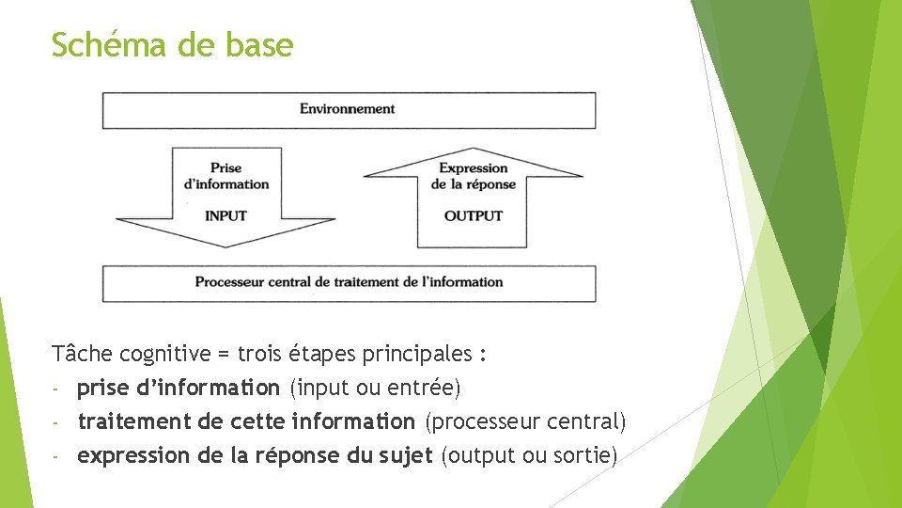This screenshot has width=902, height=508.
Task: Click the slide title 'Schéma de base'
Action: tap(172, 44)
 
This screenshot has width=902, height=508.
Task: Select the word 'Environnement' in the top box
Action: tap(348, 109)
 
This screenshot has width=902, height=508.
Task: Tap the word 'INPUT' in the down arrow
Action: tap(225, 215)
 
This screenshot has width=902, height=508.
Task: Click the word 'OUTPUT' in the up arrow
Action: tap(474, 215)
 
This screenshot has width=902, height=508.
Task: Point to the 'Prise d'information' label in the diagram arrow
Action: tap(226, 176)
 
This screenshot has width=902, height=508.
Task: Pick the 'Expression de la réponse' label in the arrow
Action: tap(474, 176)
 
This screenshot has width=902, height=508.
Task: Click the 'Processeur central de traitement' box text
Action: tap(349, 282)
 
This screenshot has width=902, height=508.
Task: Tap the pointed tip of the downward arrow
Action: tap(225, 246)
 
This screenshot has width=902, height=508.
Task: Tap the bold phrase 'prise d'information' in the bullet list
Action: tap(179, 388)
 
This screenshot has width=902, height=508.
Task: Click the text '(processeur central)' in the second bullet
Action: tap(525, 421)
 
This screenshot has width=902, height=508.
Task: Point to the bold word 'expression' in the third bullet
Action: tap(133, 456)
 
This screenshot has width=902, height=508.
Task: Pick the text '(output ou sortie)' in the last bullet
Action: tap(529, 456)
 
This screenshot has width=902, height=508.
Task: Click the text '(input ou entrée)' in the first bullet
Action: tap(375, 388)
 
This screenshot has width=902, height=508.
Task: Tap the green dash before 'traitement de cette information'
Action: tap(56, 422)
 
